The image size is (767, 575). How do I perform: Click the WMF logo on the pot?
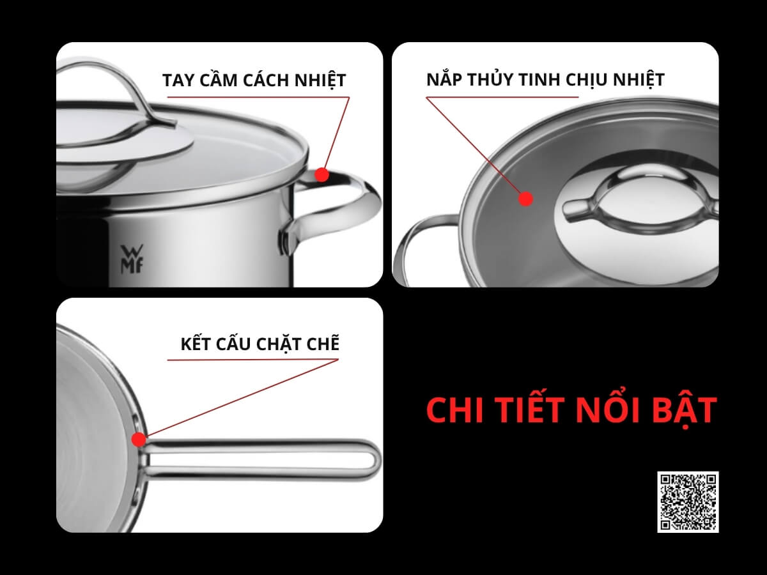[132, 259]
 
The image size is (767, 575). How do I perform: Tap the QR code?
[688, 502]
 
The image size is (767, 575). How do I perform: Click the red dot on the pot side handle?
[322, 174]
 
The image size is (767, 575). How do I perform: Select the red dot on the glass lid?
[525, 199]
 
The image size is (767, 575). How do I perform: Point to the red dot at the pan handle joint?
[139, 440]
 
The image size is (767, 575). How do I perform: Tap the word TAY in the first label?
[178, 80]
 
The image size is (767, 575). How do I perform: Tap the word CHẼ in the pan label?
[323, 344]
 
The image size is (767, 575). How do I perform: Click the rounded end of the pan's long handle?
[373, 459]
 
